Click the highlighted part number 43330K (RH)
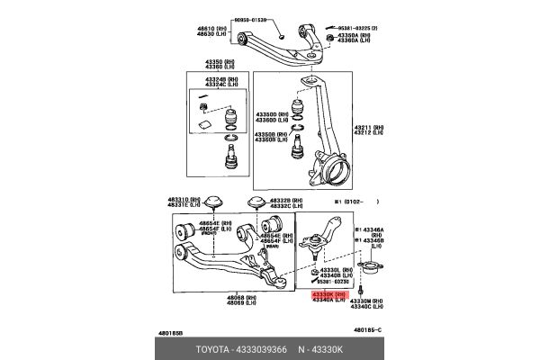328,294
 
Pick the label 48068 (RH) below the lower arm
240,296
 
